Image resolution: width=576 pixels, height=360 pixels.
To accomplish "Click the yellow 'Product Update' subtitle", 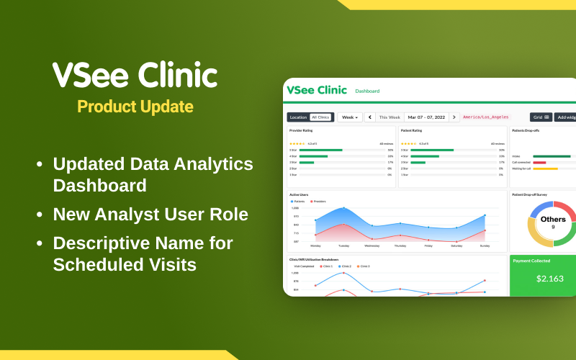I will [x=135, y=107].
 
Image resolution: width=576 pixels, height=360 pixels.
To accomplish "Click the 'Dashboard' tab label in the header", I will [x=367, y=91].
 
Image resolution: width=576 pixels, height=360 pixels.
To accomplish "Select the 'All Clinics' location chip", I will [x=320, y=117].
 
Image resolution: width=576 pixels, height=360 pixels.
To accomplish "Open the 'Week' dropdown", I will [x=350, y=117].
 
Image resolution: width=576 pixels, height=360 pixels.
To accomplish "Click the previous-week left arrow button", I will [x=370, y=117].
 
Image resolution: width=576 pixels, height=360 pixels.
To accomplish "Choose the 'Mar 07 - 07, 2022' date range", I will [x=426, y=117].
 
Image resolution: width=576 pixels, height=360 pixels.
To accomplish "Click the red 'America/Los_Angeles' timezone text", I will [x=485, y=117].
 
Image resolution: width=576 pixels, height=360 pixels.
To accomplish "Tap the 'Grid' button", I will [x=541, y=117].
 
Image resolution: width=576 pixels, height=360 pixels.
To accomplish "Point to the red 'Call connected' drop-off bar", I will [x=539, y=162].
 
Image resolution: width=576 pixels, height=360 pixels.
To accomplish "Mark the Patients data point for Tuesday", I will [x=343, y=208].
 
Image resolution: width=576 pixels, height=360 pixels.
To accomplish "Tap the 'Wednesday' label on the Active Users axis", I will [x=372, y=246].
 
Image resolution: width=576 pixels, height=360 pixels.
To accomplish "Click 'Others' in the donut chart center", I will [x=553, y=219].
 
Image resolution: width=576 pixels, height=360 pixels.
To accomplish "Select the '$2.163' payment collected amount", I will [x=550, y=279].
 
